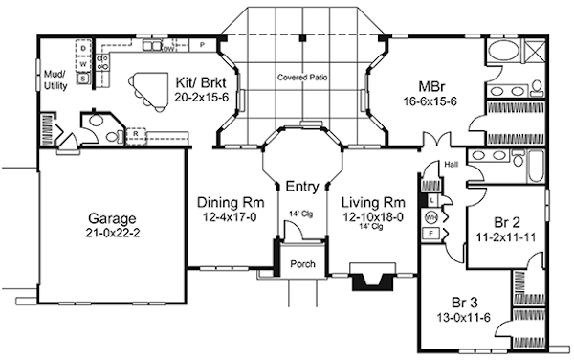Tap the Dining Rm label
point(230,203)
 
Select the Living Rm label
point(375,203)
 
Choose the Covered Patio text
point(301,76)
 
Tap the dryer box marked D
point(84,47)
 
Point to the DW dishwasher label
point(167,46)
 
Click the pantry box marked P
point(202,45)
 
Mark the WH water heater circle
point(431,216)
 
